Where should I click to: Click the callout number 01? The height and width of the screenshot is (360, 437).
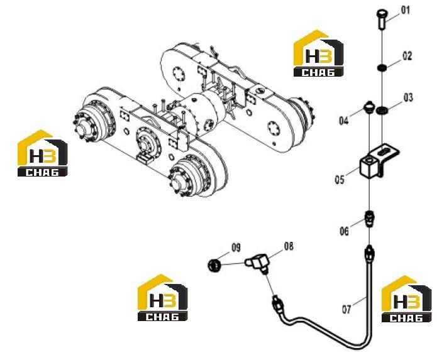point(406,10)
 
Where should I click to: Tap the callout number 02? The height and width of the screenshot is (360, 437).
point(407,56)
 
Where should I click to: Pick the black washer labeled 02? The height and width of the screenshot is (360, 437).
point(381,68)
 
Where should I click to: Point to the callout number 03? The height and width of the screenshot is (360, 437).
point(408,98)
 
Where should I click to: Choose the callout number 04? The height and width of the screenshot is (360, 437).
point(344,121)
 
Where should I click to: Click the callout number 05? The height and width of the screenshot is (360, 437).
point(340,180)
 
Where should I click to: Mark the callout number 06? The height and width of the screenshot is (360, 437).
point(344,231)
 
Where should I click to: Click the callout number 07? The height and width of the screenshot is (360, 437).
point(346,309)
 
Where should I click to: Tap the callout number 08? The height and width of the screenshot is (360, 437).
point(289,246)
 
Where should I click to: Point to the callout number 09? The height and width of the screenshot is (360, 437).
point(236,248)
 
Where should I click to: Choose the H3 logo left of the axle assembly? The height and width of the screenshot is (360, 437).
point(42,153)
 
